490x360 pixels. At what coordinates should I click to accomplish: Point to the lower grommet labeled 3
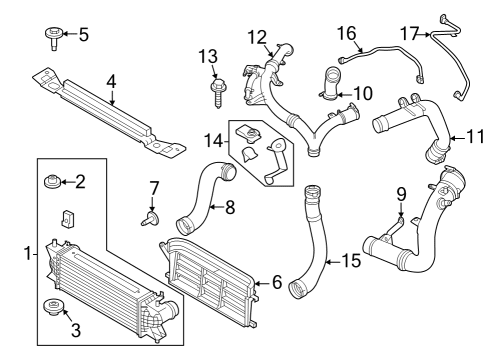[x=49, y=307]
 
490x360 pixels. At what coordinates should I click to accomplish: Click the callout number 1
[x=28, y=254]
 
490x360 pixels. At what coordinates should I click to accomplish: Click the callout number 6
[x=275, y=283]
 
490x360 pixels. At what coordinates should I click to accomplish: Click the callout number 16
[x=347, y=33]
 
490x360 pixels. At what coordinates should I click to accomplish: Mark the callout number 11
[x=459, y=138]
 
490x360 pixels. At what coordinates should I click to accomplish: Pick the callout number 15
[x=349, y=261]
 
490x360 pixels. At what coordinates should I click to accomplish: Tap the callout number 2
[x=81, y=181]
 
